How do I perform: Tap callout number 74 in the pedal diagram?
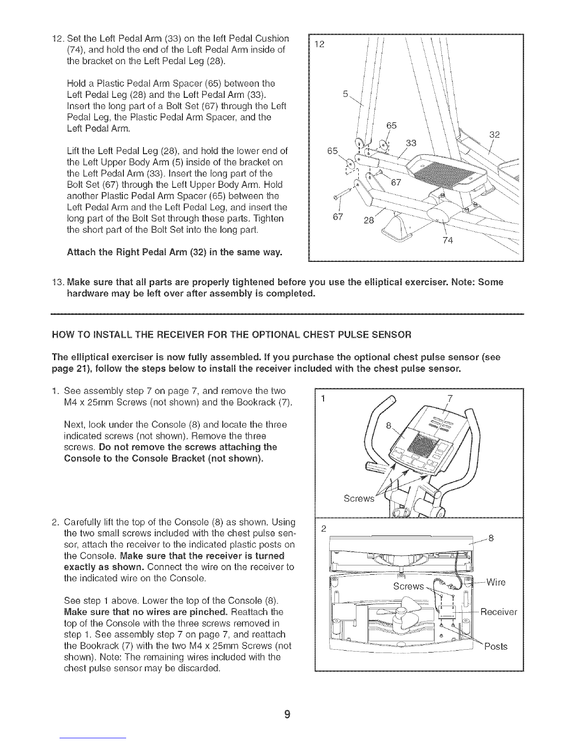(446, 242)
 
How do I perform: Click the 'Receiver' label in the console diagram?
(498, 612)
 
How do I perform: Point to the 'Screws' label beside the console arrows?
(359, 498)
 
